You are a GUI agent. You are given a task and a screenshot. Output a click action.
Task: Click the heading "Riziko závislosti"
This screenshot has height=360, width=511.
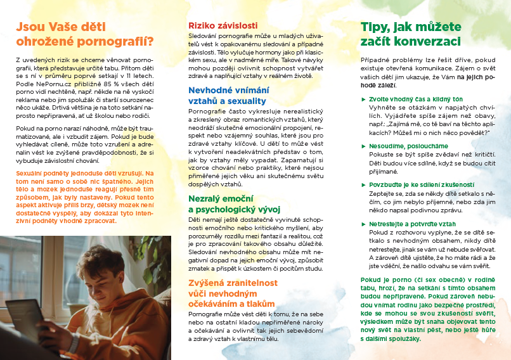[x=223, y=26]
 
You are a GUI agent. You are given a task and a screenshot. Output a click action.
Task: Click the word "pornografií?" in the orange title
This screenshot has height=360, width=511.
[x=120, y=43]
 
